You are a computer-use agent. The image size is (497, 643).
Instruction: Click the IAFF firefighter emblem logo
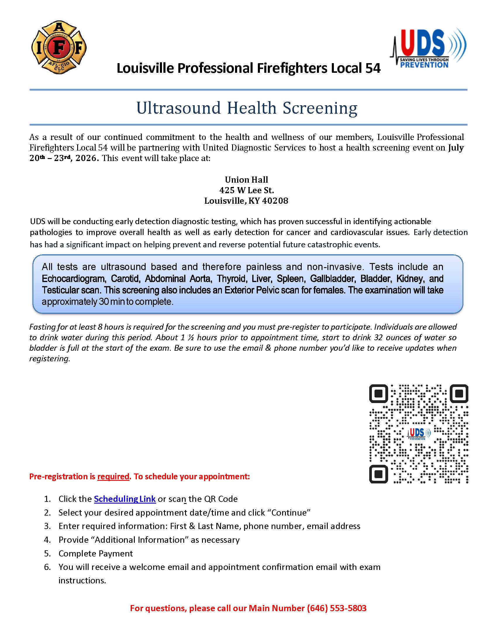click(x=58, y=47)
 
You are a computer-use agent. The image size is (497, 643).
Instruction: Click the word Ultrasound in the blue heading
click(x=178, y=108)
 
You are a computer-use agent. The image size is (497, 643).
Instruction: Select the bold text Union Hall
click(x=246, y=179)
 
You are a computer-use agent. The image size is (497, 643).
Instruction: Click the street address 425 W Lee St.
click(x=246, y=190)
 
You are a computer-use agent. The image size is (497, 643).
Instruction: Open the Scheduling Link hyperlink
click(x=125, y=499)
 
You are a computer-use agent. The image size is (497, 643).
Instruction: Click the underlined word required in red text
click(x=113, y=476)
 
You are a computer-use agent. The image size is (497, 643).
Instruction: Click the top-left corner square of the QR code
click(x=379, y=394)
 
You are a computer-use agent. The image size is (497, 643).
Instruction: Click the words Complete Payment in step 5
click(x=96, y=554)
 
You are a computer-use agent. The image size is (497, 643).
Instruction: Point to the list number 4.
click(x=47, y=540)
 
